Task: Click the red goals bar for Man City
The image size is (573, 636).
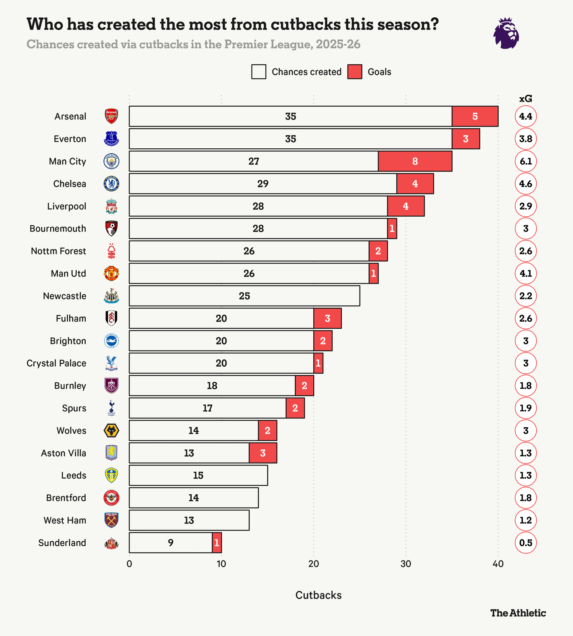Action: pyautogui.click(x=415, y=161)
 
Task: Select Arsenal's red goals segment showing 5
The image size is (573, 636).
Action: pyautogui.click(x=475, y=116)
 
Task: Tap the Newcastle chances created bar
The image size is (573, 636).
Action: pyautogui.click(x=244, y=296)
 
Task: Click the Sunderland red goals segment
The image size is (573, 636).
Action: pyautogui.click(x=217, y=542)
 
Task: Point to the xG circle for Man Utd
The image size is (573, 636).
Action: pyautogui.click(x=526, y=274)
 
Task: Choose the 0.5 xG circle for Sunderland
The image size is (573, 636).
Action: pyautogui.click(x=526, y=542)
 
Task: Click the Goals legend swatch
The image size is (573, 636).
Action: pyautogui.click(x=355, y=72)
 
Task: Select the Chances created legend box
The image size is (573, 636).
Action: pyautogui.click(x=258, y=72)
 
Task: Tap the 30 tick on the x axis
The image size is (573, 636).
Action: pyautogui.click(x=406, y=564)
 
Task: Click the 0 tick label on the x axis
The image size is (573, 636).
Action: pyautogui.click(x=129, y=564)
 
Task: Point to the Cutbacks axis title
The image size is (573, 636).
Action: pyautogui.click(x=318, y=595)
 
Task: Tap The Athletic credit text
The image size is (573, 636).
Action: pyautogui.click(x=518, y=613)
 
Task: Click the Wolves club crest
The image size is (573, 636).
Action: pyautogui.click(x=111, y=430)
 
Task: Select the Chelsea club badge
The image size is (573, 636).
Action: pyautogui.click(x=111, y=184)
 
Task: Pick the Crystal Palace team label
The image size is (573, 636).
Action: pyautogui.click(x=56, y=363)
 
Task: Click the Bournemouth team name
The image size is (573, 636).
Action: pyautogui.click(x=58, y=229)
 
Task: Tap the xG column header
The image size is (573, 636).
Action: pyautogui.click(x=526, y=99)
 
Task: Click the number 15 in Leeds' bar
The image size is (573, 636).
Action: pyautogui.click(x=198, y=475)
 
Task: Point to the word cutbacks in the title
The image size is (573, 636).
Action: pyautogui.click(x=305, y=24)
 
